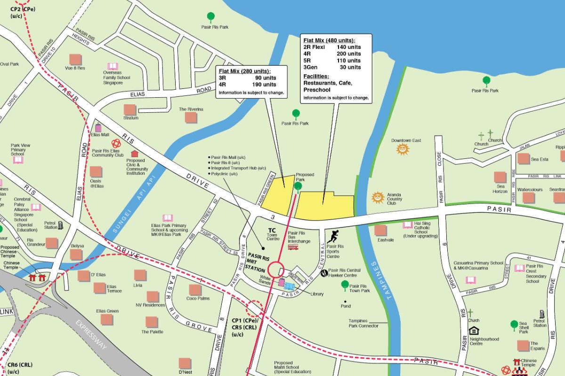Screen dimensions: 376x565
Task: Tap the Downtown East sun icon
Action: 403,149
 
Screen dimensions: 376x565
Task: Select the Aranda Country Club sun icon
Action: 378,197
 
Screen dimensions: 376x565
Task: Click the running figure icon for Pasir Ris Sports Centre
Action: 333,236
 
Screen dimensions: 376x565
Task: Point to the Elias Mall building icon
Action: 98,127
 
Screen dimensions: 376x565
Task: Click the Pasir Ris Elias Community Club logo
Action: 115,143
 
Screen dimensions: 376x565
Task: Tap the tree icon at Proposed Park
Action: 298,187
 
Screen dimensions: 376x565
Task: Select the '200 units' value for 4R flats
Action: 348,54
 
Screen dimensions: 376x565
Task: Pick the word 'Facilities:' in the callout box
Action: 316,76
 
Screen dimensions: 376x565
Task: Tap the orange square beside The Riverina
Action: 191,117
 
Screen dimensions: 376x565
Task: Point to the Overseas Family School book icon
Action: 113,66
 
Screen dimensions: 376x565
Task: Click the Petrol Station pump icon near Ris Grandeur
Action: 61,226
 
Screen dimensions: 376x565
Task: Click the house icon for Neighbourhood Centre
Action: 474,331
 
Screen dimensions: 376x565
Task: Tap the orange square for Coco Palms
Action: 195,290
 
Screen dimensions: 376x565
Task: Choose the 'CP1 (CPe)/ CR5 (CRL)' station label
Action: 244,327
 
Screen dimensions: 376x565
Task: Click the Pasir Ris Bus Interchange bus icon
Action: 293,247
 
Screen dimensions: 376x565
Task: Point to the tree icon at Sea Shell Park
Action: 514,325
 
